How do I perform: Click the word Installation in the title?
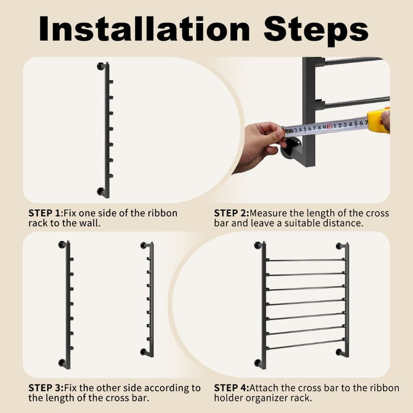(145, 28)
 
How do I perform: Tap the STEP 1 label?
(44, 213)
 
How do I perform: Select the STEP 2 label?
(230, 213)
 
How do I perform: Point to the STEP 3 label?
(44, 388)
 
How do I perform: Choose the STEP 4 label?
(230, 388)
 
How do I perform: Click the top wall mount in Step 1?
(101, 66)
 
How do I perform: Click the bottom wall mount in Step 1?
(101, 192)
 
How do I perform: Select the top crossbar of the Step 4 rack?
(305, 260)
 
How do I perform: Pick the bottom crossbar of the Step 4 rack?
(305, 345)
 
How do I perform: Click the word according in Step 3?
(167, 388)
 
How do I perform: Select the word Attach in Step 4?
(264, 388)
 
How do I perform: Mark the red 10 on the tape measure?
(329, 126)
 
